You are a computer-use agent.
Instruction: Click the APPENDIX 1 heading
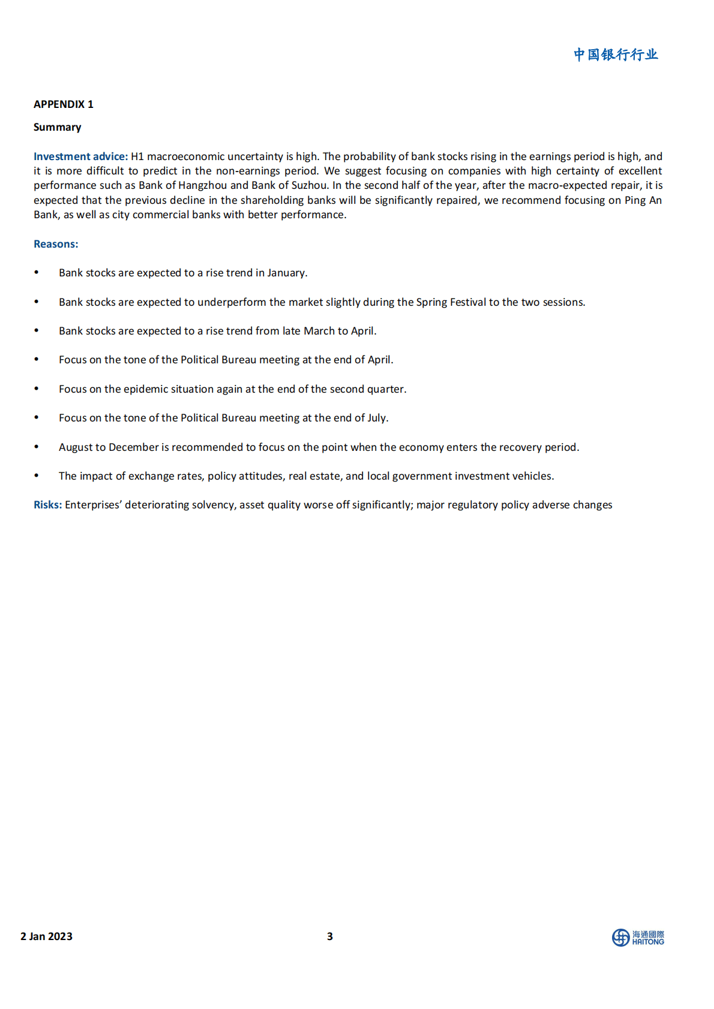[x=64, y=104]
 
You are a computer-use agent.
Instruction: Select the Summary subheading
[x=57, y=127]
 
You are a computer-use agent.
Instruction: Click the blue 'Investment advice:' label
[x=80, y=156]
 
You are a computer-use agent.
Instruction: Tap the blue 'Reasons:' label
[x=56, y=244]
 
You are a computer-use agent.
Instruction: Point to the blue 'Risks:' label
[x=47, y=505]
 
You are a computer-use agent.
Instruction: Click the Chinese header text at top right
[x=616, y=55]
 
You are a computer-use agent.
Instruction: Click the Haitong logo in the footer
[x=638, y=937]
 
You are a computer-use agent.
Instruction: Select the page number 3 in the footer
[x=329, y=936]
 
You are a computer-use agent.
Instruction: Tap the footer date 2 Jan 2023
[x=46, y=936]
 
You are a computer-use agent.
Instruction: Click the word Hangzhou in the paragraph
[x=203, y=185]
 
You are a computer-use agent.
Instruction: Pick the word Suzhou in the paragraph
[x=310, y=185]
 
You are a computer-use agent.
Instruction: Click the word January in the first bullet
[x=286, y=273]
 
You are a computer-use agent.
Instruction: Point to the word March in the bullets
[x=319, y=331]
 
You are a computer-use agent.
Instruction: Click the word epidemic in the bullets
[x=146, y=389]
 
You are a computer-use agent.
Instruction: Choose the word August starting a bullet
[x=76, y=447]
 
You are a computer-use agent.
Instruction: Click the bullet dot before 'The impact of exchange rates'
[x=37, y=476]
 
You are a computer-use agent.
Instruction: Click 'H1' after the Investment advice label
[x=137, y=156]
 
